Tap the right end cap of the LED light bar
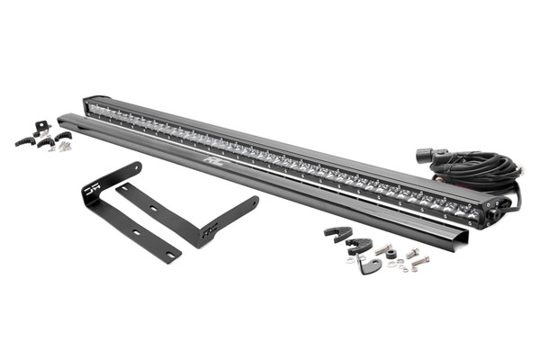tap(493, 212)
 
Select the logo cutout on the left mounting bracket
tap(90, 191)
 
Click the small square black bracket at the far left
tap(40, 126)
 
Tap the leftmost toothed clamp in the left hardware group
tap(24, 141)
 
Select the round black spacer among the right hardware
tap(392, 253)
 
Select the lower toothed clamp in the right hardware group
tap(359, 245)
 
